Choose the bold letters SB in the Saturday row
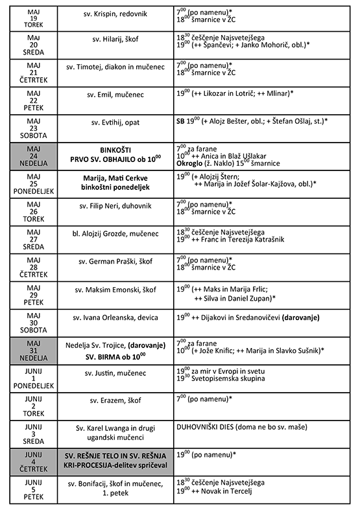pyautogui.click(x=180, y=121)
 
